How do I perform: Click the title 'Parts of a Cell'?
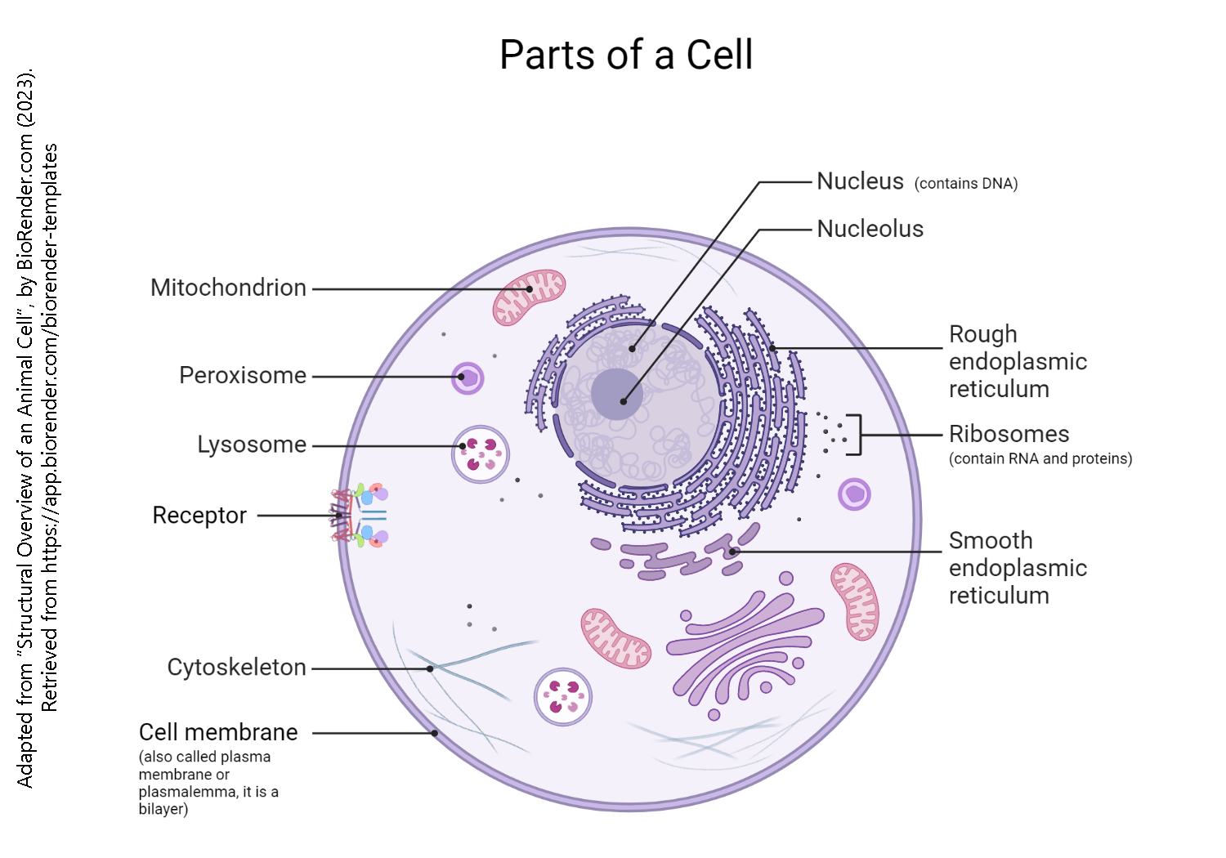(x=625, y=56)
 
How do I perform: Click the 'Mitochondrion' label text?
(x=228, y=288)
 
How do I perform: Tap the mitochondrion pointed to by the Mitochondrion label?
(x=529, y=297)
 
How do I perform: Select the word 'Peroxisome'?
(x=243, y=375)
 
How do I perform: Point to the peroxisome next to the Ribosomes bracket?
(x=854, y=494)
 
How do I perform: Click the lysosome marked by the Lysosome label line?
(x=481, y=454)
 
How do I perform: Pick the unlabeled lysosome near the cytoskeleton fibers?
(x=562, y=697)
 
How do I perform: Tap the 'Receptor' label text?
(x=199, y=516)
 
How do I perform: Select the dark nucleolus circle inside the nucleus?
(x=616, y=394)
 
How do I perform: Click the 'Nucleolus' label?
(x=870, y=229)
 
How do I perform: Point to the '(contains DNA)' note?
(x=965, y=184)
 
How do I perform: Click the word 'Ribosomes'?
(x=1009, y=434)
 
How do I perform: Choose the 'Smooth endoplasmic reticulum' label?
(x=1018, y=568)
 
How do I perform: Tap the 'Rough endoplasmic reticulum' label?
(x=1018, y=361)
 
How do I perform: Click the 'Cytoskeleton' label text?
(x=236, y=668)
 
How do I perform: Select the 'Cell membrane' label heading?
(x=218, y=732)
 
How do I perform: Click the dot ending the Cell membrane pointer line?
(x=435, y=733)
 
